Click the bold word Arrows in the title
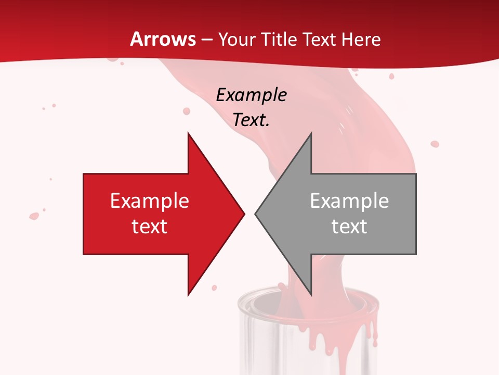point(163,39)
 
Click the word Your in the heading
point(237,39)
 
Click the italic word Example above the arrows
point(252,95)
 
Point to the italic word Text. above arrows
point(252,120)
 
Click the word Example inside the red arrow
point(150,201)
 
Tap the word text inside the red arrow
point(150,226)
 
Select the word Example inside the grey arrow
point(349,201)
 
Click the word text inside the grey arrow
point(349,226)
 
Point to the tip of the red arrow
point(244,214)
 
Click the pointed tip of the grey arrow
point(256,214)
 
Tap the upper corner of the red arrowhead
point(188,134)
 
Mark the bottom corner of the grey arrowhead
point(311,294)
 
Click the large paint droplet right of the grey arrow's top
point(435,144)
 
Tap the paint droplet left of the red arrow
point(34,216)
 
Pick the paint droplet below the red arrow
point(214,287)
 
